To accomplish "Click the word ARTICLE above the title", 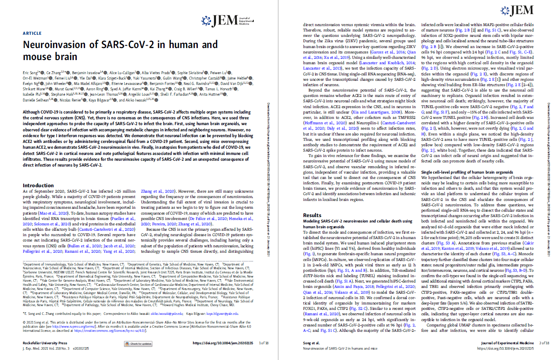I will coord(32,33).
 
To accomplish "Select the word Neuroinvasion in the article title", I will coord(51,45).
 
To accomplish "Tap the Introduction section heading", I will coord(38,185).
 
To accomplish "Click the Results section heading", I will coord(312,215).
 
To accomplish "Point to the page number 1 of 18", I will coord(264,343).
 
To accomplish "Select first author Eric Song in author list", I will coord(32,72).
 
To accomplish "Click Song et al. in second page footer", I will coord(311,343).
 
